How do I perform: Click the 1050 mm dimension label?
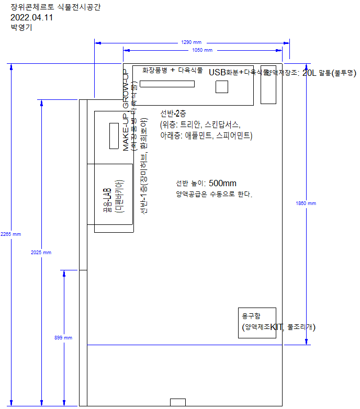pyautogui.click(x=202, y=50)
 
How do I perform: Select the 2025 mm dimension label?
pyautogui.click(x=41, y=253)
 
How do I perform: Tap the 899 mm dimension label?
pyautogui.click(x=63, y=338)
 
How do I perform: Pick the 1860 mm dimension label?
pyautogui.click(x=306, y=203)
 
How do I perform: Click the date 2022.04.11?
pyautogui.click(x=31, y=17)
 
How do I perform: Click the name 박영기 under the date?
pyautogui.click(x=21, y=28)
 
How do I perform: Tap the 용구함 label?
pyautogui.click(x=251, y=316)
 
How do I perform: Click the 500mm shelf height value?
pyautogui.click(x=222, y=183)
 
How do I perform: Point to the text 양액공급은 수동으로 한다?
pyautogui.click(x=214, y=195)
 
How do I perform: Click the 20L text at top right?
pyautogui.click(x=310, y=73)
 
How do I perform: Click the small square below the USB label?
pyautogui.click(x=222, y=87)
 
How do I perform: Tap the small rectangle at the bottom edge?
pyautogui.click(x=178, y=402)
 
